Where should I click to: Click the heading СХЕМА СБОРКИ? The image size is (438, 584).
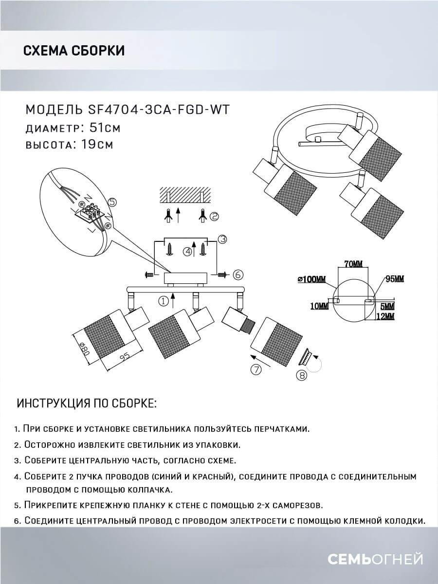click(x=74, y=51)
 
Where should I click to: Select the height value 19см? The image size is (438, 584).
click(x=94, y=145)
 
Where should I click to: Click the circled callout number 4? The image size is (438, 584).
click(x=186, y=251)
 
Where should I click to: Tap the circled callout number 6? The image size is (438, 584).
click(x=238, y=275)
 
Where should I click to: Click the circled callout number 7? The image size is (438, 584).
click(x=256, y=370)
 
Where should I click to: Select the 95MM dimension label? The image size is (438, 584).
click(x=394, y=279)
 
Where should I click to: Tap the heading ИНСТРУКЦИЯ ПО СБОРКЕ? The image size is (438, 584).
click(x=87, y=403)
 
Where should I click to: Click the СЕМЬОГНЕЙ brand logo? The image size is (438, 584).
click(x=375, y=559)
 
